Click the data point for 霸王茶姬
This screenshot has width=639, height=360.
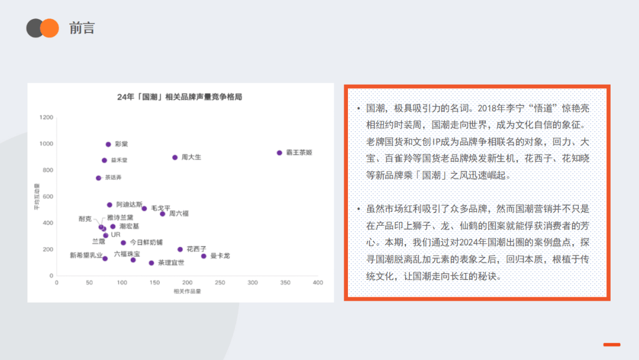coord(279,153)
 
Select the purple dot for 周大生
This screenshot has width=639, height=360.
coord(175,157)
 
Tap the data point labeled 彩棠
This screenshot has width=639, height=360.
coord(108,144)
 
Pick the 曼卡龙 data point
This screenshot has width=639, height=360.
coord(204,256)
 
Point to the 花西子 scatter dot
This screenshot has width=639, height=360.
coord(180,249)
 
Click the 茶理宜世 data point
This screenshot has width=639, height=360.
coord(151,263)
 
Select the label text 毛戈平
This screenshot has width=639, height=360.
coord(160,208)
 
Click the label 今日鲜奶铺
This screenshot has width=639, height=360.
coord(146,242)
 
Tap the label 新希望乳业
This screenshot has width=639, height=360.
coord(86,255)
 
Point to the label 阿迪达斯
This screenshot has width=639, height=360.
coord(129,204)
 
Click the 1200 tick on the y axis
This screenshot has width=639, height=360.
coord(46,117)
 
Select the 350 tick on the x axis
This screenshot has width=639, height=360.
coord(285,282)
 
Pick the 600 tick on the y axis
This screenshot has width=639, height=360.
coord(48,197)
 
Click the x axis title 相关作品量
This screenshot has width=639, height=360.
coord(188,291)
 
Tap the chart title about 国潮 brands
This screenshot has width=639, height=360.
coord(180,97)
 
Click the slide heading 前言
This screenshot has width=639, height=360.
coord(82,28)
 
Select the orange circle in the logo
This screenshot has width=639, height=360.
coord(50,28)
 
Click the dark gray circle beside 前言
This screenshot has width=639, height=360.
coord(34,28)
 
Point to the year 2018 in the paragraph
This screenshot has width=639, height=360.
coord(487,108)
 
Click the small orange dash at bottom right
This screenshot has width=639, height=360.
coord(612,345)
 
